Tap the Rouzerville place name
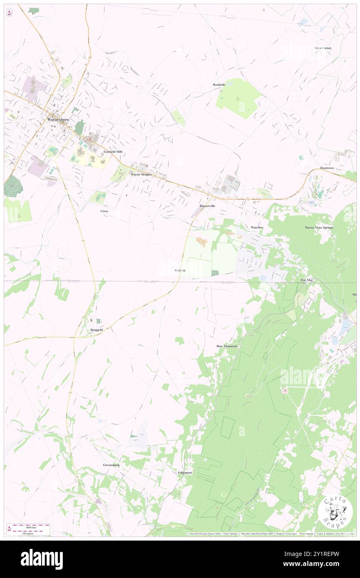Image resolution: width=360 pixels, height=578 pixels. click(x=207, y=206)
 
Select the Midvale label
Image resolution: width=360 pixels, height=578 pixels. click(x=180, y=270)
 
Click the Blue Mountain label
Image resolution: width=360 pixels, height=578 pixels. click(x=227, y=346)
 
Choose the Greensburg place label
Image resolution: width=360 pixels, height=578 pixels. click(x=111, y=465)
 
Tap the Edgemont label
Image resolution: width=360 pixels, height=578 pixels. click(x=185, y=473)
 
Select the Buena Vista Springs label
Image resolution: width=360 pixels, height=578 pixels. click(x=319, y=227)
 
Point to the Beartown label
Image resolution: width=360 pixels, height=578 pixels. click(x=327, y=168)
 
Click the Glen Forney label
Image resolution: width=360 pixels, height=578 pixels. click(x=323, y=48)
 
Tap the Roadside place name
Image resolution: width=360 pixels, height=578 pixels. click(x=219, y=84)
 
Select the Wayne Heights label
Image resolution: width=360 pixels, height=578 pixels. click(x=141, y=175)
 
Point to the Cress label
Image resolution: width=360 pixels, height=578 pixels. click(x=104, y=211)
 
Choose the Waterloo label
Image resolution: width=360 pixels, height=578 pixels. click(x=257, y=227)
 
